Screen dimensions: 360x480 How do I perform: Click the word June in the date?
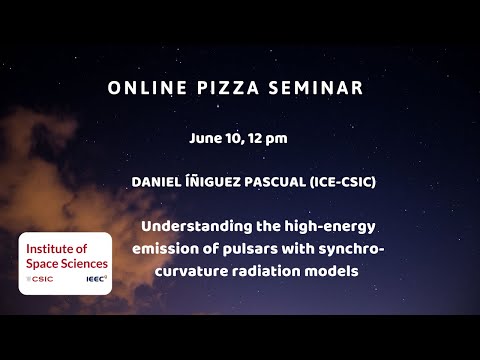[x=205, y=138]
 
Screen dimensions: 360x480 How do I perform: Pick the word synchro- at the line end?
[x=350, y=249]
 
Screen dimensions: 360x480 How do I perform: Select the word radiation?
[x=283, y=271]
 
